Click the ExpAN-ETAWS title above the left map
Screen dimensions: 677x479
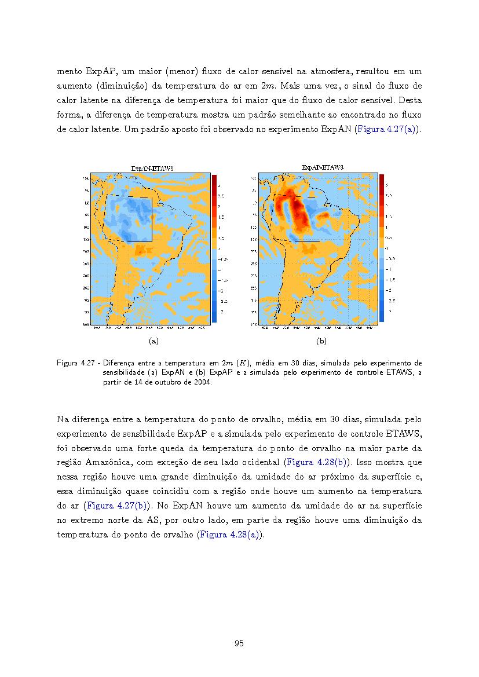[152, 169]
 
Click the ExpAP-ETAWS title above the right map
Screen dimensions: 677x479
[323, 167]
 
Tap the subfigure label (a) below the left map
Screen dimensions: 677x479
[153, 341]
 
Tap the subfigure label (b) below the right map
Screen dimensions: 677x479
[322, 341]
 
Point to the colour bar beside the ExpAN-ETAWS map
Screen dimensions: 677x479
[214, 248]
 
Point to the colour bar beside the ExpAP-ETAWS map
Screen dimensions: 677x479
[382, 248]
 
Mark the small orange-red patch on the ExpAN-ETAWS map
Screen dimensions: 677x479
[140, 250]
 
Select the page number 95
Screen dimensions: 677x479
[239, 643]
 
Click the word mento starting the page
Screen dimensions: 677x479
[70, 71]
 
